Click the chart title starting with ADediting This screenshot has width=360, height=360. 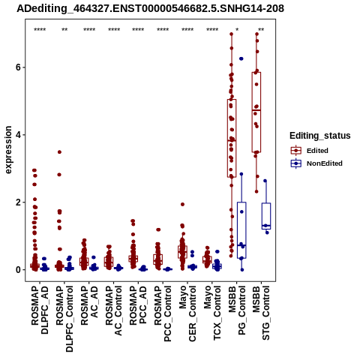click(150, 9)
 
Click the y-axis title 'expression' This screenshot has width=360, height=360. click(8, 150)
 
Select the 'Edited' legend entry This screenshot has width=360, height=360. click(317, 151)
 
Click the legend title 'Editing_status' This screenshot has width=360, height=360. click(320, 136)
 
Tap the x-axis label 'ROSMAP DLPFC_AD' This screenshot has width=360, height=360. click(40, 310)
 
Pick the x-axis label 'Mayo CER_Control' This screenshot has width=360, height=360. click(187, 313)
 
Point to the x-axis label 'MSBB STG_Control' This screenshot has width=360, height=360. click(262, 313)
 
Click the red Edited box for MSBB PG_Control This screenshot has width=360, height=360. click(232, 138)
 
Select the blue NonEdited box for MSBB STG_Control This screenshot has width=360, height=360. click(266, 216)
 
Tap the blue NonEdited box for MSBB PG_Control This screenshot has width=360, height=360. click(241, 230)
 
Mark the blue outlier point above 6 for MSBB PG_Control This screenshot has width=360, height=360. click(241, 58)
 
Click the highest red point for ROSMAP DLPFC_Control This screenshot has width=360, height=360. click(59, 152)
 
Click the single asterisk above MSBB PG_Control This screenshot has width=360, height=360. click(237, 30)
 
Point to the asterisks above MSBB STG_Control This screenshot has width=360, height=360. click(261, 30)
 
